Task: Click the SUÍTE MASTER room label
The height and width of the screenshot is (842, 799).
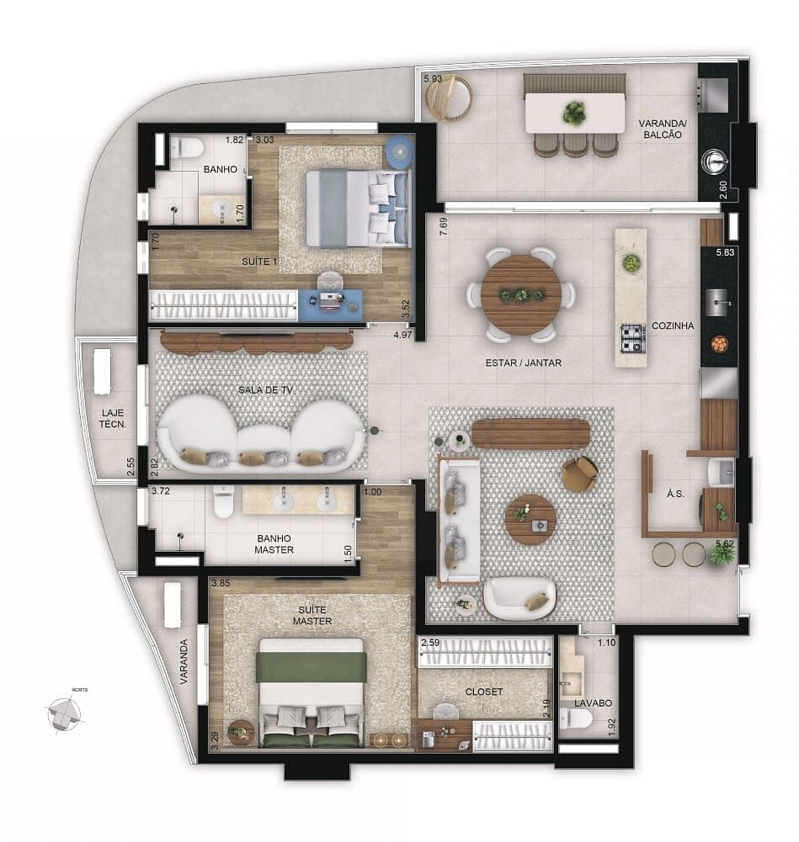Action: coord(312,615)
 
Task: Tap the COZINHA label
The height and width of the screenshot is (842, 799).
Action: coord(672,326)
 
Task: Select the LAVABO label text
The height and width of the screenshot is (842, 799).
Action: coord(593,703)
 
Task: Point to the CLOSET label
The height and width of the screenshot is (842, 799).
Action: coord(484,691)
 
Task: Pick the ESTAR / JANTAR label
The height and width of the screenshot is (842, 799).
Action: coord(523,363)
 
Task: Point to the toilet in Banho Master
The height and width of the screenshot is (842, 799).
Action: coord(223,503)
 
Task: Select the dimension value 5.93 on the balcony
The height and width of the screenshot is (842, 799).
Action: coord(433,78)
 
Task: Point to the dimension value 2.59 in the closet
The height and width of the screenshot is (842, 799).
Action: coord(429,643)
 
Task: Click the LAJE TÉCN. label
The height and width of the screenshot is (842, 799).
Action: coord(112,418)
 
